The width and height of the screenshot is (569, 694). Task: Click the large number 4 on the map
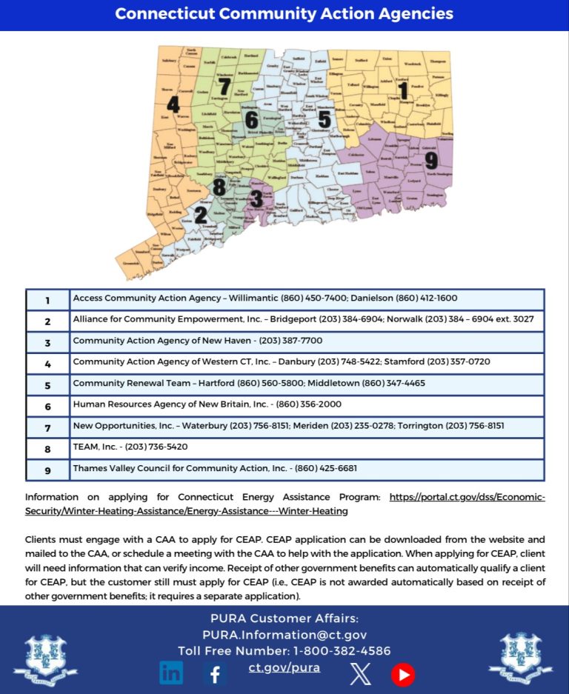[x=173, y=104]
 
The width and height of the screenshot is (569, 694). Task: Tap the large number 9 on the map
[x=431, y=160]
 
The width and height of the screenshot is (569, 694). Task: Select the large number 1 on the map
[x=403, y=91]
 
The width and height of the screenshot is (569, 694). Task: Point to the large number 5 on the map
[x=324, y=119]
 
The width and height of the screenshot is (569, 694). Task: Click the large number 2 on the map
[x=201, y=215]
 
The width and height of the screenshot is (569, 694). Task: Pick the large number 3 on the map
[x=256, y=198]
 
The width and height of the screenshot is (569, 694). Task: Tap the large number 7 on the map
[x=224, y=87]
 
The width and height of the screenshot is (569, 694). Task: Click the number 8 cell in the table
[x=47, y=449]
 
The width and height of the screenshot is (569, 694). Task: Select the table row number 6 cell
[x=47, y=406]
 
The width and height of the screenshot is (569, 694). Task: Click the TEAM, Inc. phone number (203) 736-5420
[x=156, y=447]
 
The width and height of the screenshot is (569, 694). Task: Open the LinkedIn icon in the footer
[x=171, y=673]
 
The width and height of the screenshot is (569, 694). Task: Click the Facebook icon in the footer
[x=216, y=673]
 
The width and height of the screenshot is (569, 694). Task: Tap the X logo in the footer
[x=360, y=673]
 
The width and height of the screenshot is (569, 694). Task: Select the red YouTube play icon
[x=403, y=674]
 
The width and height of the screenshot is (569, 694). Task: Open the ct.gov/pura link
[x=284, y=667]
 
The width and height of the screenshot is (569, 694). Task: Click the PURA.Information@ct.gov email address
[x=284, y=635]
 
